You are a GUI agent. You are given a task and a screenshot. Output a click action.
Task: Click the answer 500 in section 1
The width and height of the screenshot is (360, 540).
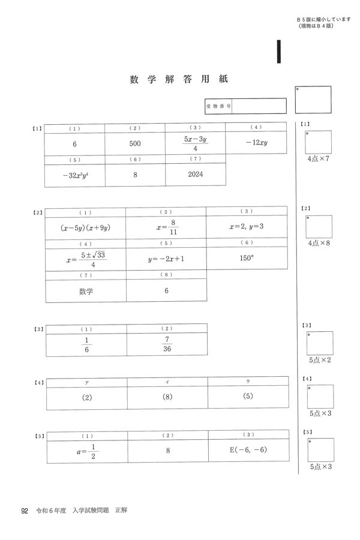pyautogui.click(x=135, y=144)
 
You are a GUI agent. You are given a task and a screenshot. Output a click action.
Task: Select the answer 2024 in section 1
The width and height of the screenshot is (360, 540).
pyautogui.click(x=196, y=174)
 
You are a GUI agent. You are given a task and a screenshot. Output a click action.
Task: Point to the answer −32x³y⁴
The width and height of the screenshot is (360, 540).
pyautogui.click(x=74, y=175)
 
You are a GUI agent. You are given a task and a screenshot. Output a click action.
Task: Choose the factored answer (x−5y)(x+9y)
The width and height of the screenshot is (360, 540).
pyautogui.click(x=86, y=228)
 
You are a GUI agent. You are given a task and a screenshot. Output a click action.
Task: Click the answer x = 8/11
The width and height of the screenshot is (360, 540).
pyautogui.click(x=166, y=228)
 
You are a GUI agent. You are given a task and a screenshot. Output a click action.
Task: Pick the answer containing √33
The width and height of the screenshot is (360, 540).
pyautogui.click(x=86, y=259)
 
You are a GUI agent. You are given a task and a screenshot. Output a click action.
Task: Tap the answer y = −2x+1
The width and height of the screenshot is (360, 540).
pyautogui.click(x=166, y=259)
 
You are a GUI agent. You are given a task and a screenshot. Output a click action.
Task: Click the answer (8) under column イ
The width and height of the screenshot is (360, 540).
pyautogui.click(x=167, y=397)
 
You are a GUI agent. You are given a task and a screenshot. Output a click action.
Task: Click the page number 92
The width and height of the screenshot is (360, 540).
pyautogui.click(x=25, y=511)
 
